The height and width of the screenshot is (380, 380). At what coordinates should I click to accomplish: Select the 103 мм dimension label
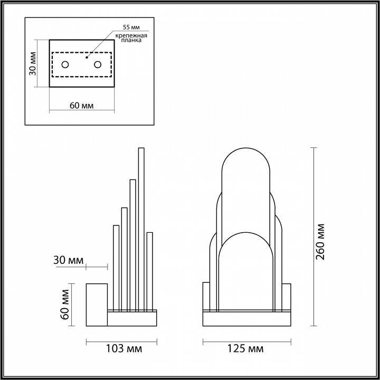point(123,349)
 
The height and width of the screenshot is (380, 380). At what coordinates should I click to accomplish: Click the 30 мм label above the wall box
point(68,260)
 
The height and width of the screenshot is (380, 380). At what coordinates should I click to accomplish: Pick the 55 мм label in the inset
point(130,26)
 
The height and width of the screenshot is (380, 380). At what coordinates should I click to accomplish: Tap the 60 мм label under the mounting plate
point(82,105)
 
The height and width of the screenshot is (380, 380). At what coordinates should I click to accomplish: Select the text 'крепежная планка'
point(128,37)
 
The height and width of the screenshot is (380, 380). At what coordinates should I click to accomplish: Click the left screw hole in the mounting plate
point(65,64)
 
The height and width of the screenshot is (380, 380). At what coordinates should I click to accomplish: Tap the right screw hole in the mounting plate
point(98,64)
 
